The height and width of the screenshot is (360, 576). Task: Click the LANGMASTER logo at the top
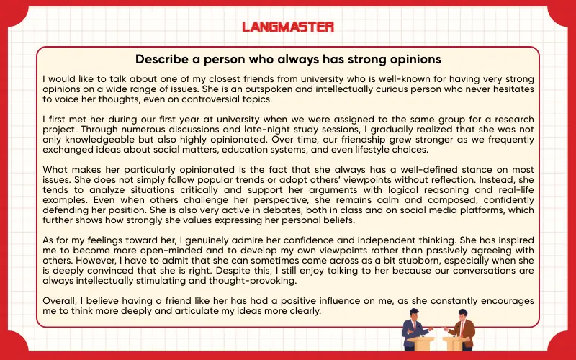point(287,27)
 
